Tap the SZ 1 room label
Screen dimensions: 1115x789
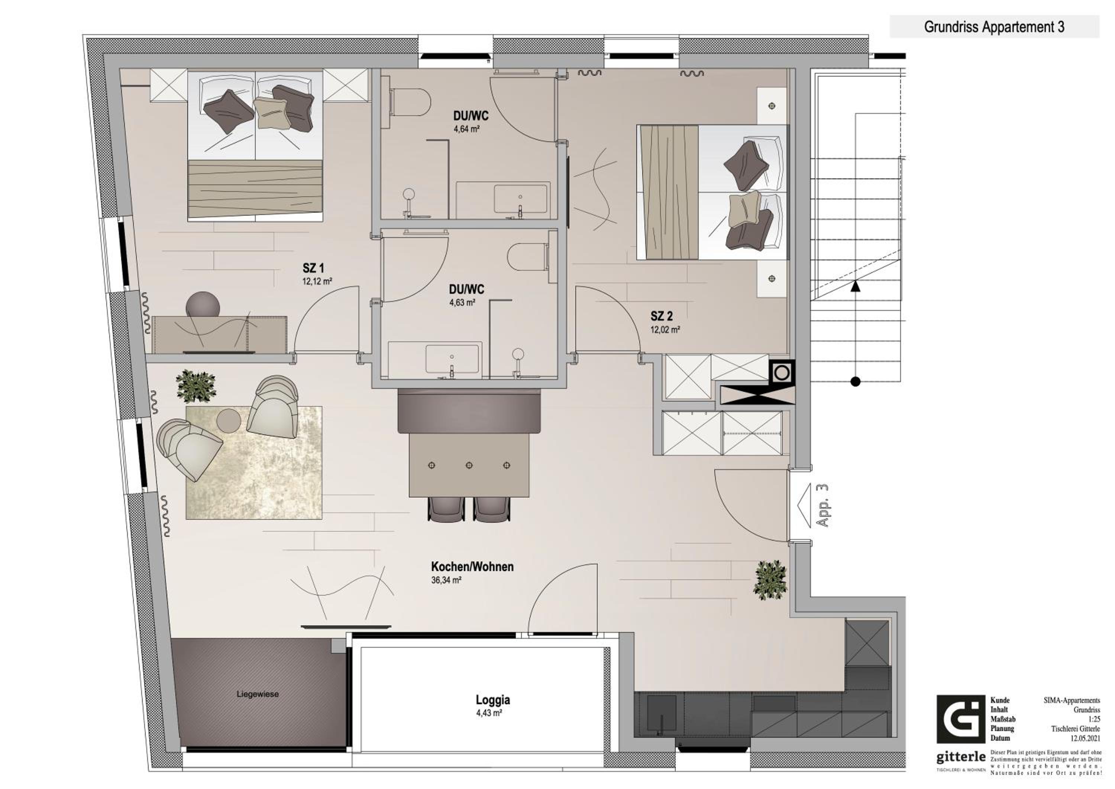[x=313, y=268]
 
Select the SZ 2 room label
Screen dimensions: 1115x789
[x=662, y=316]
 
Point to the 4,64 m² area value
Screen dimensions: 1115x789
[x=467, y=129]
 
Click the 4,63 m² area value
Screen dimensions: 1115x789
[x=462, y=302]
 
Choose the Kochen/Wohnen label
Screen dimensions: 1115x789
[x=472, y=567]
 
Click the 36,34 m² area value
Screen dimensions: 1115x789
[x=446, y=580]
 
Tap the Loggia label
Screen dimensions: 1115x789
[x=492, y=700]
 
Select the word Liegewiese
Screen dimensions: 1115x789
[x=258, y=694]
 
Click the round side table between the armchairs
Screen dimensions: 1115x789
[x=229, y=420]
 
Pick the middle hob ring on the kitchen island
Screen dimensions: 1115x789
[x=469, y=466]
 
